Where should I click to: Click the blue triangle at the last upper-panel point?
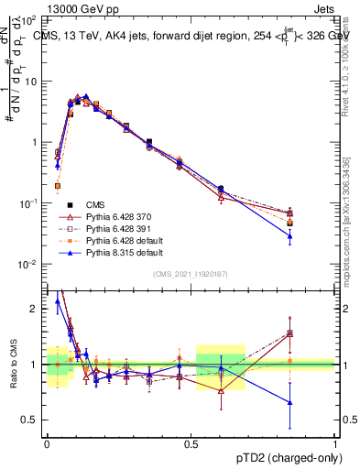point(315,236)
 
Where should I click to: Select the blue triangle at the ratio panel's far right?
point(315,402)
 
